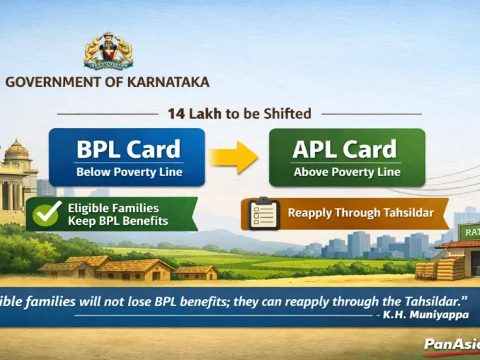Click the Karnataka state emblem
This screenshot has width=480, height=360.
tap(108, 50)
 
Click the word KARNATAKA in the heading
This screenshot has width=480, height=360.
tap(168, 83)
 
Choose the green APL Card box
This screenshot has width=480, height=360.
tap(347, 157)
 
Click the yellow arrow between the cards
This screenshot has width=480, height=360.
tap(235, 157)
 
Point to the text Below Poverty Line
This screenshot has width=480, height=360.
tap(129, 172)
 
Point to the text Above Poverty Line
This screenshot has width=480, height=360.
tap(347, 172)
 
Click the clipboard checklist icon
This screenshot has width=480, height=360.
tap(263, 213)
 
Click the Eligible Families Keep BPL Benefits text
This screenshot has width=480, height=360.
tap(118, 214)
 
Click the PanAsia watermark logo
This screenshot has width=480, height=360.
tap(451, 344)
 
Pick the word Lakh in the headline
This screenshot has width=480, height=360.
tap(204, 113)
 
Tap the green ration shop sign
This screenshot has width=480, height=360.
tap(469, 233)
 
